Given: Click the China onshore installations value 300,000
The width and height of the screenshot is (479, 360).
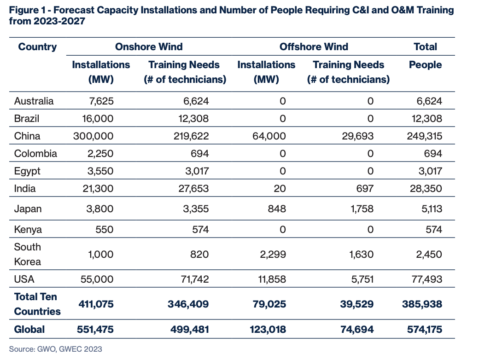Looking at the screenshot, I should pyautogui.click(x=93, y=136).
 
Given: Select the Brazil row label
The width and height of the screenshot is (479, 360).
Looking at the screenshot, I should pyautogui.click(x=27, y=118).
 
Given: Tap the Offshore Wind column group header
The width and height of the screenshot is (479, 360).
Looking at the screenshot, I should pyautogui.click(x=314, y=46).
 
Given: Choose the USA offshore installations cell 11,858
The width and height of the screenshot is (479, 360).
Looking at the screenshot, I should pyautogui.click(x=269, y=279).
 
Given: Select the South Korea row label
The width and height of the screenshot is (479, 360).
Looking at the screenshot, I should pyautogui.click(x=28, y=254).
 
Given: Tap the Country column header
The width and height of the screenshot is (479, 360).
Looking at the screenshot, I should pyautogui.click(x=37, y=46).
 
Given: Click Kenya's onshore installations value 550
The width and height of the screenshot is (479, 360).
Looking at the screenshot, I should pyautogui.click(x=104, y=229).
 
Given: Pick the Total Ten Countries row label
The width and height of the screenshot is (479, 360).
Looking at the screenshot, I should pyautogui.click(x=37, y=304).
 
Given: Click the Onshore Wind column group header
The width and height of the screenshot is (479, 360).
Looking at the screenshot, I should pyautogui.click(x=149, y=46).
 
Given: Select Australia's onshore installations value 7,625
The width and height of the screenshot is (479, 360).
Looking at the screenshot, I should pyautogui.click(x=101, y=101).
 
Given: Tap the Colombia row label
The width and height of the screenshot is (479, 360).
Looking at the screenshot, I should pyautogui.click(x=35, y=153).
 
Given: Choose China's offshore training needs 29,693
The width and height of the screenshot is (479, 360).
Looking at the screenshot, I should pyautogui.click(x=356, y=136).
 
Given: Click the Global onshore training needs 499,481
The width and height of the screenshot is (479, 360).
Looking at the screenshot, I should pyautogui.click(x=188, y=329).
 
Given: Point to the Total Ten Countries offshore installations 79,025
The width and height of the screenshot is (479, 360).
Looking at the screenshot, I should pyautogui.click(x=268, y=304).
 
